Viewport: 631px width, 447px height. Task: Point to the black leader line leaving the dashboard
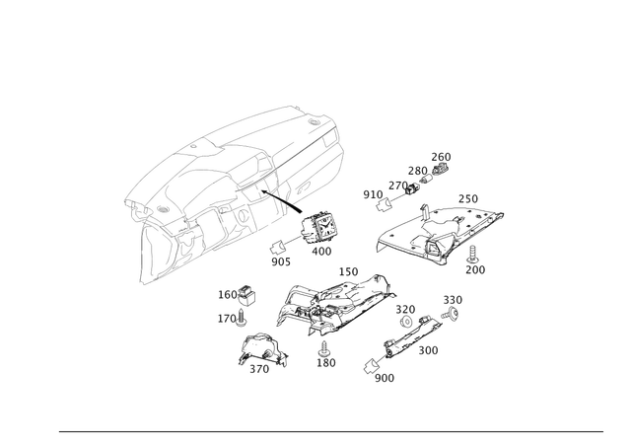click(288, 205)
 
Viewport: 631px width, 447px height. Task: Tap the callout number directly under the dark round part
click(321, 252)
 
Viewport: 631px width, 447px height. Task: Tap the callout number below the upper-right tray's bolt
click(479, 267)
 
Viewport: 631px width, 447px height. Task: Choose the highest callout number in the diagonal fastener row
click(442, 156)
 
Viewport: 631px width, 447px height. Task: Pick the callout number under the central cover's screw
click(326, 362)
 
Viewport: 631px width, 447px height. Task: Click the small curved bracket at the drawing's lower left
click(258, 352)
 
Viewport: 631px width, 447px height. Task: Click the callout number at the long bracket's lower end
click(384, 376)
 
